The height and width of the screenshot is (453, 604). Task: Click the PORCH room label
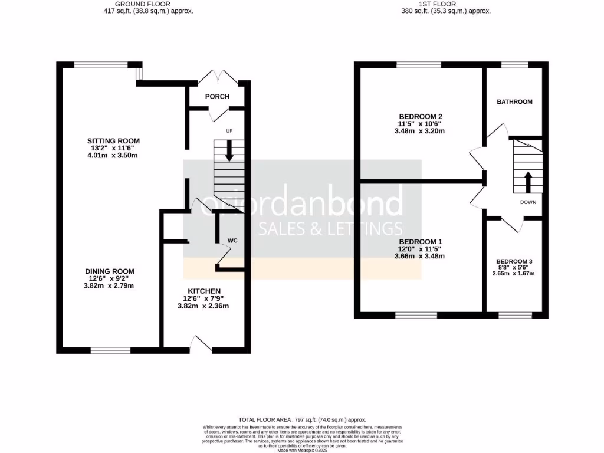pyautogui.click(x=217, y=97)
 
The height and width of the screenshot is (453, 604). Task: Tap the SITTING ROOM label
pyautogui.click(x=113, y=141)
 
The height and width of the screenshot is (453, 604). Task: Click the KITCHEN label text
pyautogui.click(x=204, y=291)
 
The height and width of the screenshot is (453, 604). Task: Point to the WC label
pyautogui.click(x=232, y=241)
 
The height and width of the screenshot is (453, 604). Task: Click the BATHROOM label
pyautogui.click(x=514, y=102)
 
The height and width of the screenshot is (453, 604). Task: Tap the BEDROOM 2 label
pyautogui.click(x=421, y=116)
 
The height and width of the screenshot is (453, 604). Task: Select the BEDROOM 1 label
pyautogui.click(x=421, y=242)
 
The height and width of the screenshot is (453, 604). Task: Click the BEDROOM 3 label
pyautogui.click(x=514, y=261)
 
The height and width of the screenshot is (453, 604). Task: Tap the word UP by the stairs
pyautogui.click(x=229, y=130)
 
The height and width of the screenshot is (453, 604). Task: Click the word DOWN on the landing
pyautogui.click(x=528, y=202)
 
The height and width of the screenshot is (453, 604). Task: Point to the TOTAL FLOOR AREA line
pyautogui.click(x=301, y=418)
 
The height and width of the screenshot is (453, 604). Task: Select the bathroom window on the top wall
pyautogui.click(x=514, y=64)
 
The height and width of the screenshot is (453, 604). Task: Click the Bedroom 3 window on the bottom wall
pyautogui.click(x=514, y=315)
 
